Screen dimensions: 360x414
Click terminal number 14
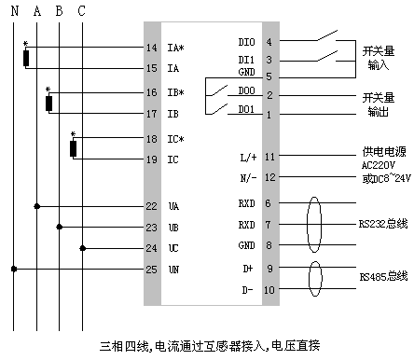[x=152, y=48]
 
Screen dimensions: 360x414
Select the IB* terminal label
[x=175, y=94]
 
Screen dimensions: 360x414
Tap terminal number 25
[x=151, y=270]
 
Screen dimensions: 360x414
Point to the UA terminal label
[x=173, y=206]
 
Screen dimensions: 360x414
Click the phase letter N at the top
[x=14, y=11]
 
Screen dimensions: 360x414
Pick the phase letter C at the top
[x=82, y=11]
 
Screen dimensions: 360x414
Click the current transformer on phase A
[x=27, y=59]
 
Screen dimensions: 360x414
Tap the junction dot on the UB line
[x=60, y=226]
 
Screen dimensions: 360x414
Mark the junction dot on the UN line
[x=14, y=269]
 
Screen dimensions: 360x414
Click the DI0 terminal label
[x=247, y=42]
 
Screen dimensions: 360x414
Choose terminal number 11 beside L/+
[x=270, y=157]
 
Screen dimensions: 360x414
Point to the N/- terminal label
[x=248, y=177]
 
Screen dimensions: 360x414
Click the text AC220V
[x=379, y=165]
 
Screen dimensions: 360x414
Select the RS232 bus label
[x=382, y=224]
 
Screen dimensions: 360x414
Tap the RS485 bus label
[x=382, y=277]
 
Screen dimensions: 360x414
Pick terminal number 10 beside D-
[x=270, y=290]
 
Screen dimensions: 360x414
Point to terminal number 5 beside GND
[x=269, y=76]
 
